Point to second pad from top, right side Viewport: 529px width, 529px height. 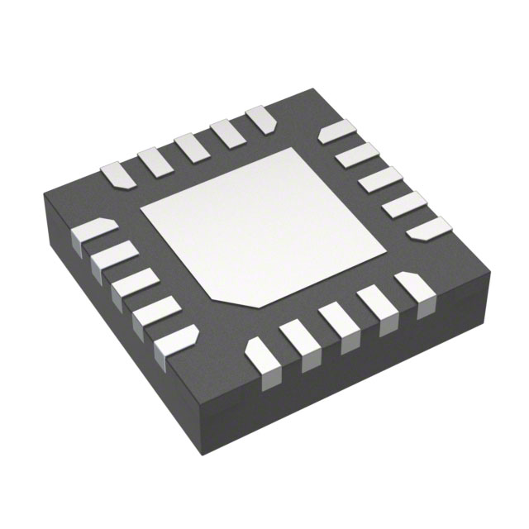click(x=357, y=155)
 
